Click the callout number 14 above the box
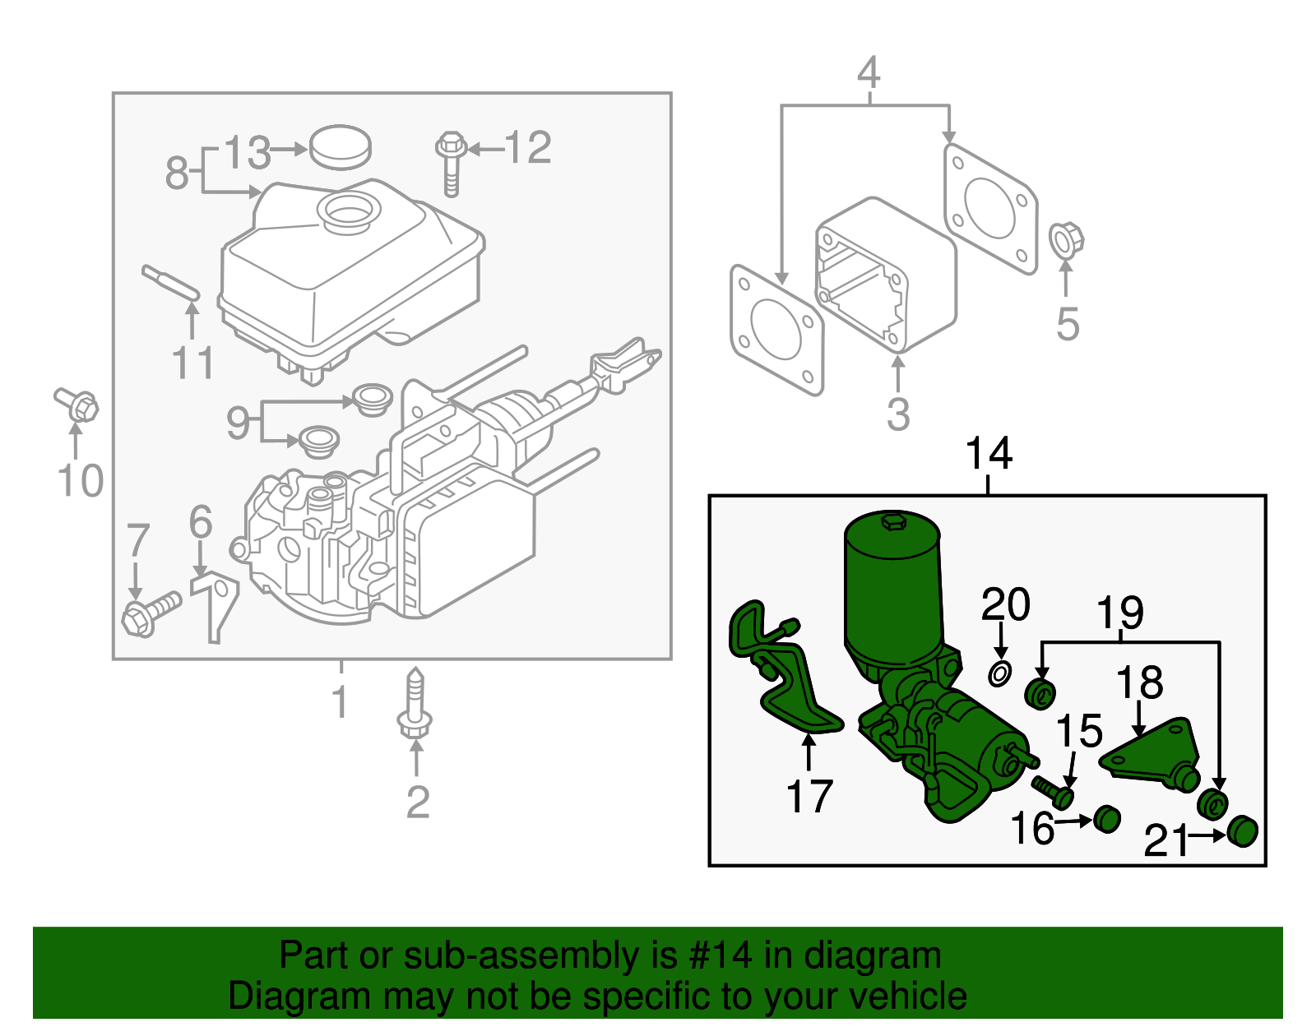(x=988, y=454)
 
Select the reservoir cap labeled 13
(x=340, y=148)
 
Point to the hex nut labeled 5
(x=1067, y=240)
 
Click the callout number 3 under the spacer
(x=898, y=414)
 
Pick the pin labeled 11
(x=170, y=283)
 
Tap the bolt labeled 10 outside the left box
(x=77, y=405)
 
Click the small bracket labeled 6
(x=215, y=605)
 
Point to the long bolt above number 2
(x=415, y=705)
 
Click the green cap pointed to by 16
(x=1107, y=818)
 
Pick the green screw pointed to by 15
(x=1054, y=791)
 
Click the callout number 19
(x=1120, y=613)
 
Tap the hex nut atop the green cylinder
(x=893, y=520)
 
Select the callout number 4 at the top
(x=869, y=73)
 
